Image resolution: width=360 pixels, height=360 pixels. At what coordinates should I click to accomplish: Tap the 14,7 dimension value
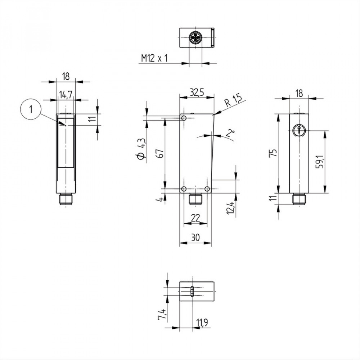66,95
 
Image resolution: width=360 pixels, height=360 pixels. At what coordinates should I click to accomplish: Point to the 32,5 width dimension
197,92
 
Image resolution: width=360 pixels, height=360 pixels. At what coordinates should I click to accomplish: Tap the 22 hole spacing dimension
195,217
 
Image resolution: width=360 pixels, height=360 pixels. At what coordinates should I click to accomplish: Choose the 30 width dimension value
195,238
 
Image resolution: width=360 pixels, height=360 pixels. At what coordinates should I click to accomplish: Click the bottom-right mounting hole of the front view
207,189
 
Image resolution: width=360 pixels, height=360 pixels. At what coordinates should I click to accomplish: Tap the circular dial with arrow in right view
298,130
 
